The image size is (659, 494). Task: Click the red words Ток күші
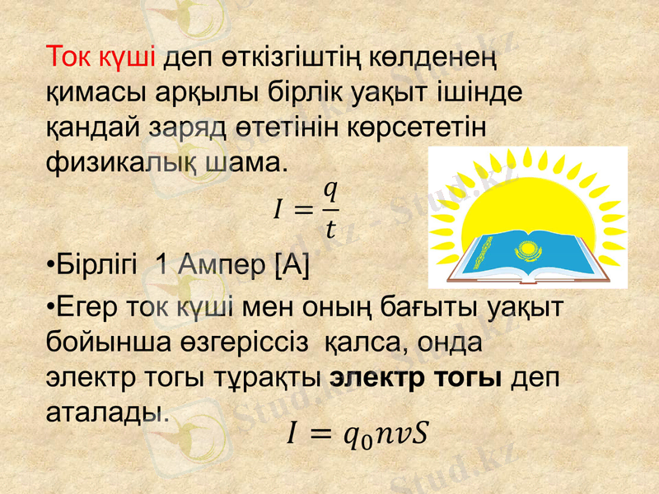[x=102, y=58]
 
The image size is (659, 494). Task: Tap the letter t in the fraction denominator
[x=329, y=228]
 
